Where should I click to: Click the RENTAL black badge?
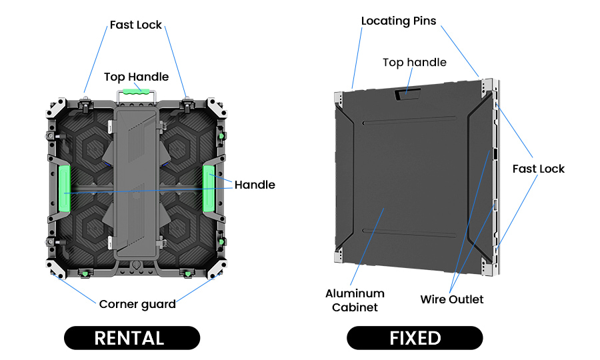point(132,338)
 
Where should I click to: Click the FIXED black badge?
point(415,338)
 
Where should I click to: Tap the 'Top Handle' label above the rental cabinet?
point(136,77)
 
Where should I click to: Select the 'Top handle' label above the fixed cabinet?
point(414,63)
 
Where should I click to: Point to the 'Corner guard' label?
point(137,305)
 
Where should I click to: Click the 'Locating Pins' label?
point(399,21)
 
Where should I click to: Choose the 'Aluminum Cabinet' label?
point(355,300)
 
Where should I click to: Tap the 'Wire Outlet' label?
point(452,299)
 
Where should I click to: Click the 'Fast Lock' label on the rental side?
point(136,25)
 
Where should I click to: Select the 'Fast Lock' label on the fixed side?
point(538,169)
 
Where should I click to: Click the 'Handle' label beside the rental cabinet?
point(255,185)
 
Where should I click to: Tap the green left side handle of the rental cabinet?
point(65,189)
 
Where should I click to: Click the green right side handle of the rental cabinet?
point(209,189)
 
